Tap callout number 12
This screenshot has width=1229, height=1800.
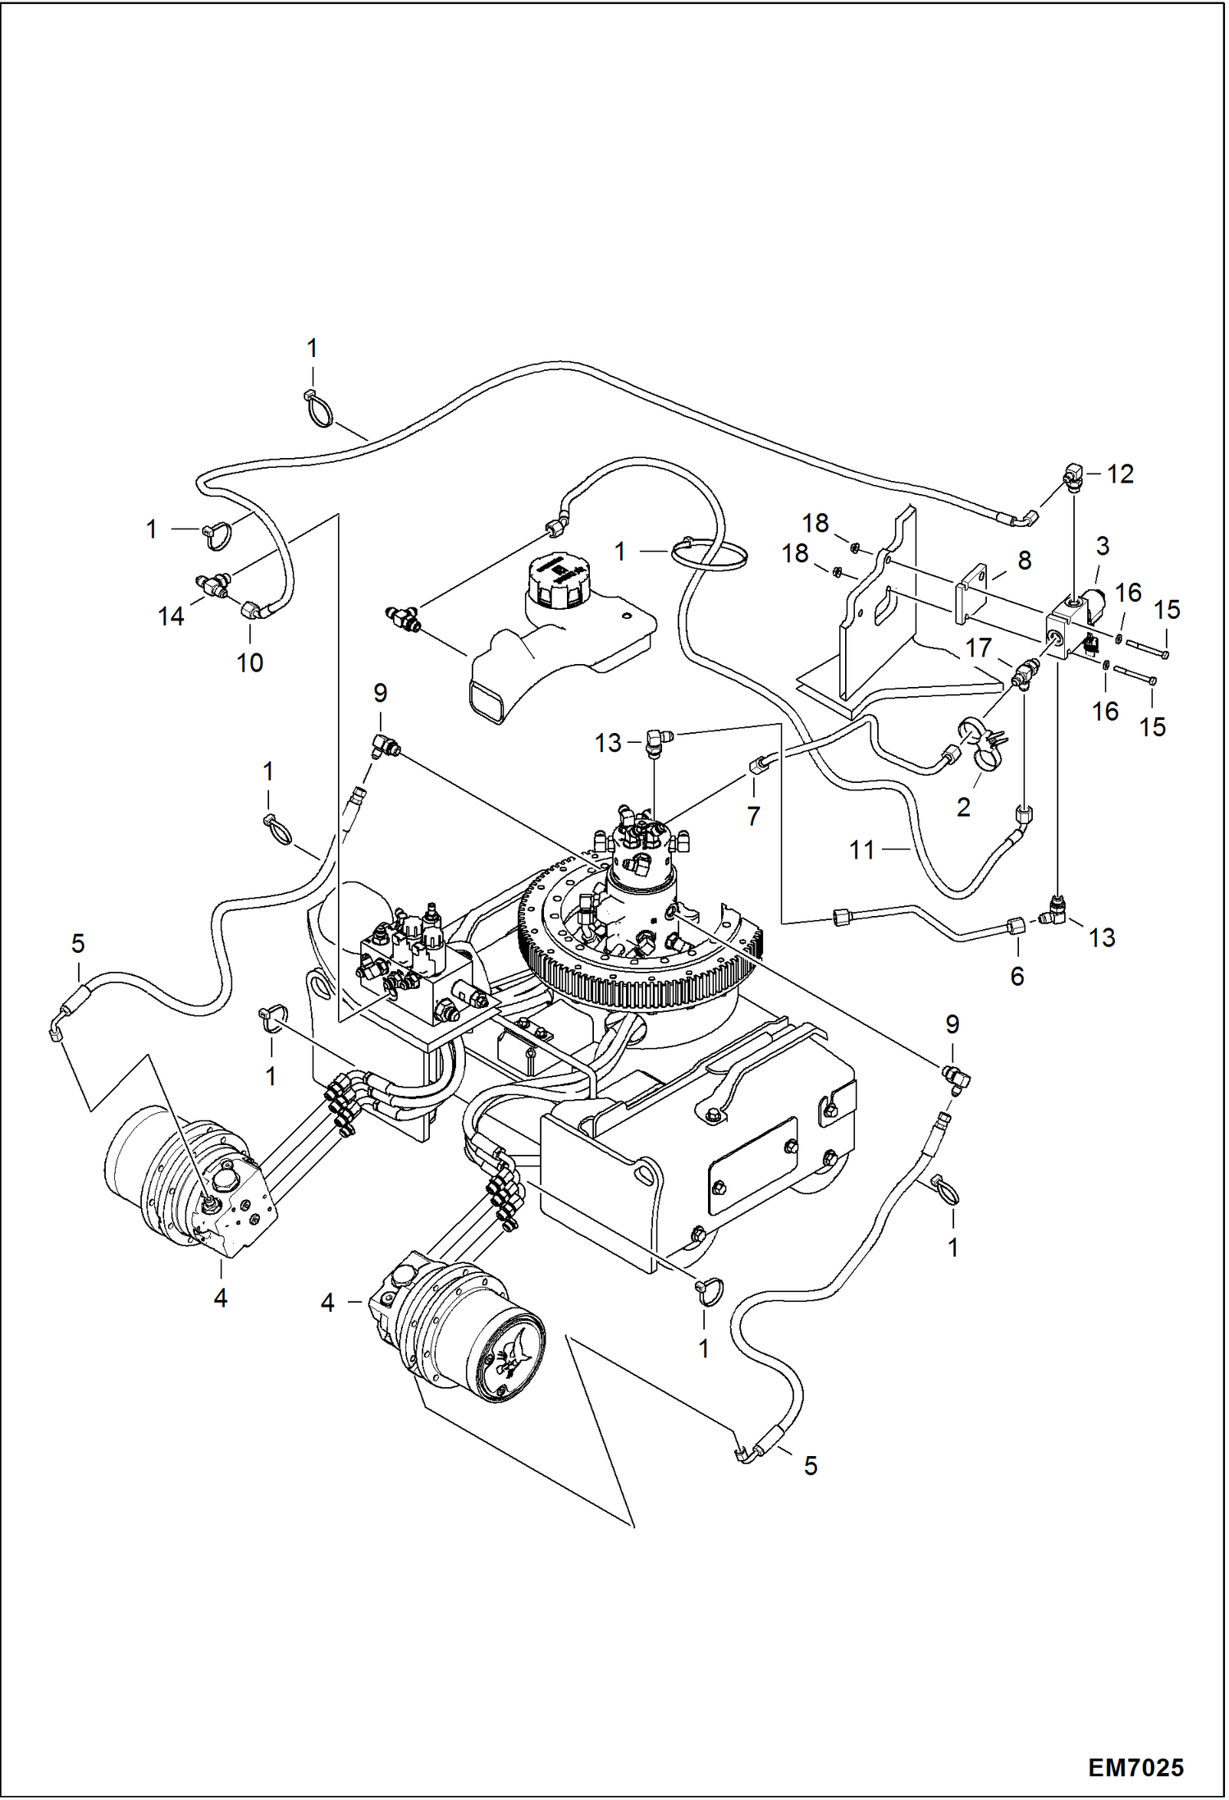pos(1120,474)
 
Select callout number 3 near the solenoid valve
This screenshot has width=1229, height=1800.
pos(1103,546)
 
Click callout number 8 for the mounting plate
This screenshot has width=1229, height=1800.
pos(1024,561)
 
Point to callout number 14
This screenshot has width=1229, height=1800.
pos(171,616)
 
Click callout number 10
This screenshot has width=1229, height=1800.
pos(249,662)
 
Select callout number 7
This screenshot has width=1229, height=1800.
pos(753,815)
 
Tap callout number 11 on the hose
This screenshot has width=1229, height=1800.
pos(861,850)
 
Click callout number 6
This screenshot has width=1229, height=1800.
pos(1017,976)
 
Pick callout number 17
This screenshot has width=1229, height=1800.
pos(978,648)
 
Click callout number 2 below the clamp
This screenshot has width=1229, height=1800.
pos(963,807)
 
